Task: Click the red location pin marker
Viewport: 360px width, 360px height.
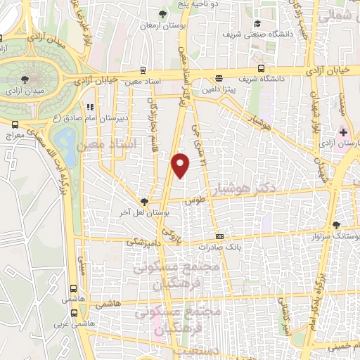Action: click(x=181, y=165)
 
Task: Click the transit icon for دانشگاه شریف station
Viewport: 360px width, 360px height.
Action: click(x=261, y=69)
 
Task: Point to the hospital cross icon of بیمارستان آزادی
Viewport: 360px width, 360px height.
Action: click(x=343, y=133)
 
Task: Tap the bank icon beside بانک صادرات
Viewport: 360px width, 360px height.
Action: click(x=219, y=237)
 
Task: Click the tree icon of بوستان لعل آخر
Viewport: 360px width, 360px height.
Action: click(x=143, y=201)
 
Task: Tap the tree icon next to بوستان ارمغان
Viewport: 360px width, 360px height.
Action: click(x=163, y=14)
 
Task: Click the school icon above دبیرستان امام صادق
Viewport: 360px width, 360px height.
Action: click(x=89, y=108)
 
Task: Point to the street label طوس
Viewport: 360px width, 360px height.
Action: click(x=190, y=200)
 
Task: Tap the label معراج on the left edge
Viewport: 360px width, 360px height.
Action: click(x=12, y=134)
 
